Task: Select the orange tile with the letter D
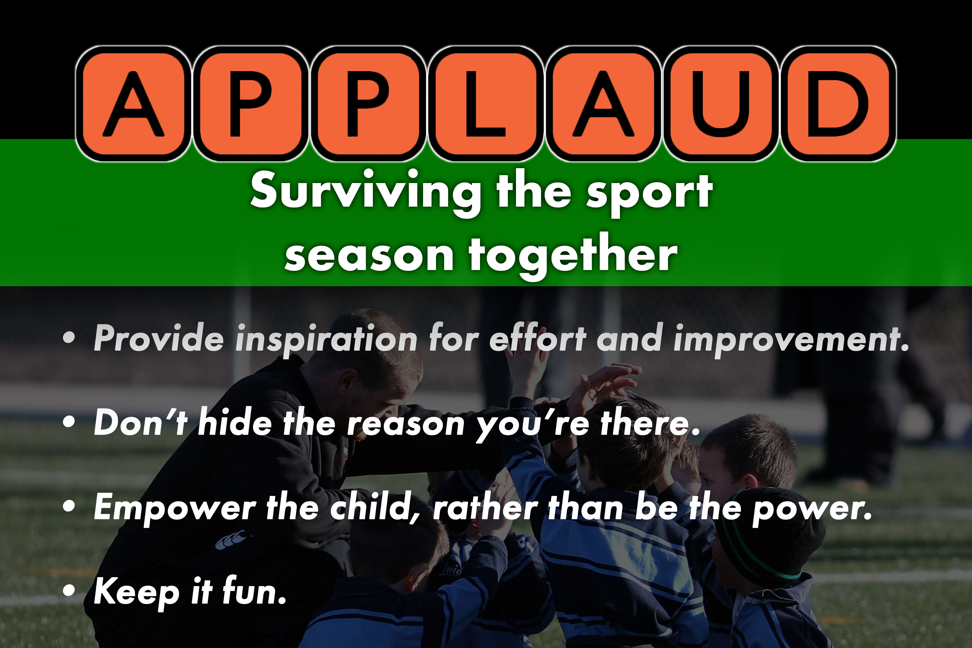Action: click(x=838, y=103)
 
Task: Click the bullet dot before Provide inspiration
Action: click(x=69, y=338)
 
